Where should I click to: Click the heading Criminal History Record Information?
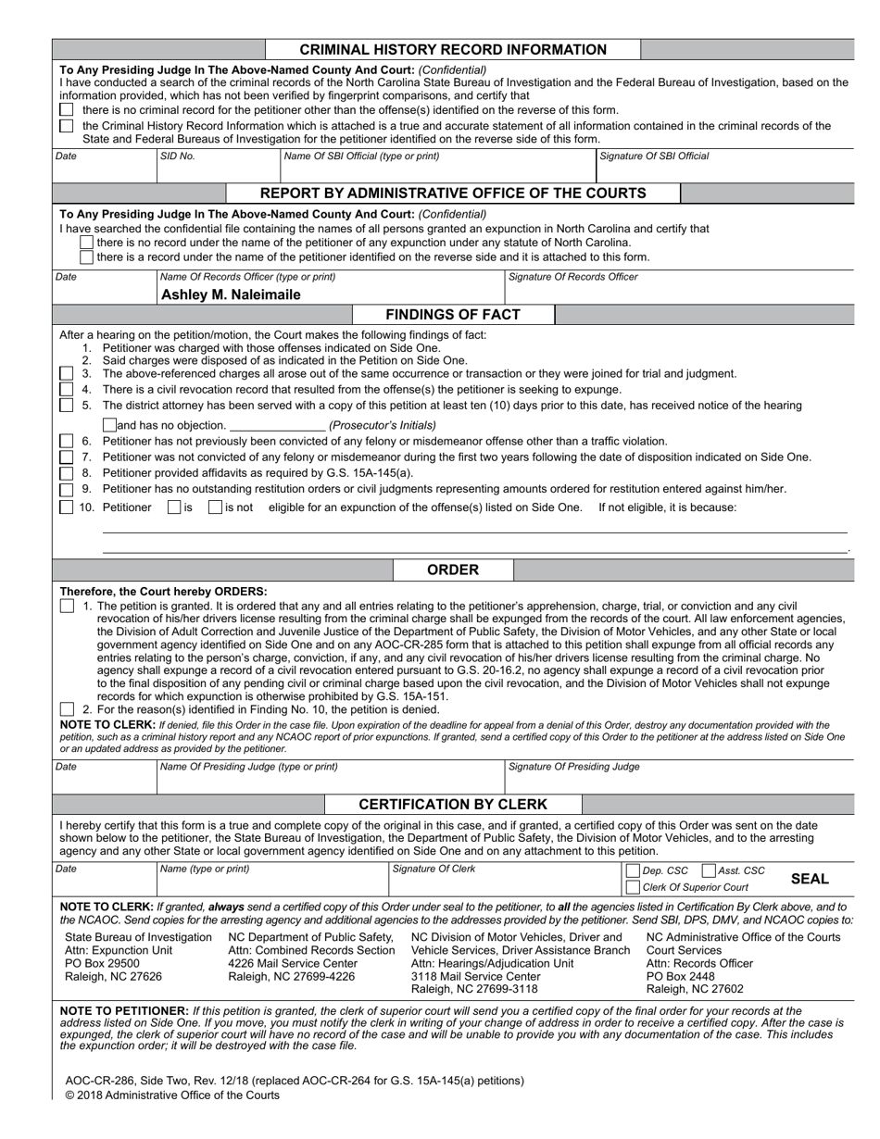point(453,50)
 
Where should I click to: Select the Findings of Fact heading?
point(453,315)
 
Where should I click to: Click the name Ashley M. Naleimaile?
point(231,294)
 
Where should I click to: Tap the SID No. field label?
point(177,156)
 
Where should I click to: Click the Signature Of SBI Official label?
point(655,156)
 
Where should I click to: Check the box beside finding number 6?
point(67,442)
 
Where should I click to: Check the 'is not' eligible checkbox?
point(215,507)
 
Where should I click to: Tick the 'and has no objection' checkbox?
point(110,425)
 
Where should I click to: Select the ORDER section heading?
point(453,569)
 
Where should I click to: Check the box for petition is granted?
point(67,606)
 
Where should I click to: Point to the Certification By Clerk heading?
point(453,804)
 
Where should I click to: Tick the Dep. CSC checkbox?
point(634,870)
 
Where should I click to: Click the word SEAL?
point(811,879)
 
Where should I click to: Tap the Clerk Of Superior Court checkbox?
point(634,887)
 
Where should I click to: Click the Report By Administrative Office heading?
point(453,193)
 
